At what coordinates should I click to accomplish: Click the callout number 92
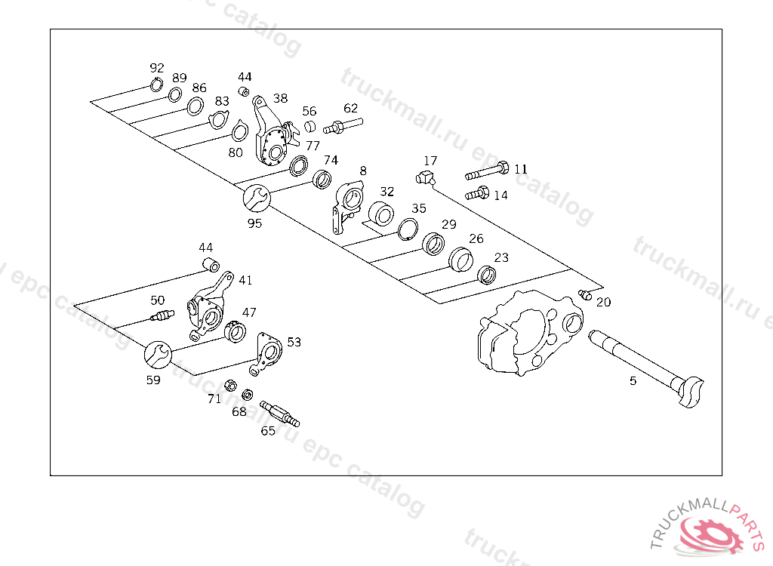157,68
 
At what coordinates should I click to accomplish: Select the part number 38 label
281,98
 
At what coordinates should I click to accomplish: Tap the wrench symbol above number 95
256,199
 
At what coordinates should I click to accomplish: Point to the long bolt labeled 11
487,171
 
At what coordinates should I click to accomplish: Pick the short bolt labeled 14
477,194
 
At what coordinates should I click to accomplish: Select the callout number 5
633,381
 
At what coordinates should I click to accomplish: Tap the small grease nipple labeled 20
583,294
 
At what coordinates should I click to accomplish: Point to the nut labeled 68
247,395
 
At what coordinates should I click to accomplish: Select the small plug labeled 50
162,316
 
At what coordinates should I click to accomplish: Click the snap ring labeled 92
157,85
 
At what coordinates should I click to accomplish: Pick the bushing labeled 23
488,275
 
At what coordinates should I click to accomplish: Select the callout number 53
294,342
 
